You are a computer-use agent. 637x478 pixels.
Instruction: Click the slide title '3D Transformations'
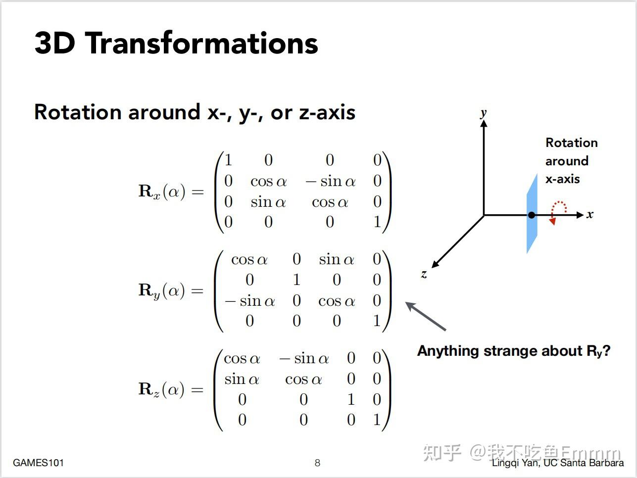(x=176, y=43)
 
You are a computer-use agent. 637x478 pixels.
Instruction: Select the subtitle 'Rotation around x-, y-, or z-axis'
(x=195, y=112)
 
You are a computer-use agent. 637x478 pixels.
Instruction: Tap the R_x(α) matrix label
(x=162, y=191)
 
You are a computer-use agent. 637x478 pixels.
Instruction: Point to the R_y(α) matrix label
(x=162, y=290)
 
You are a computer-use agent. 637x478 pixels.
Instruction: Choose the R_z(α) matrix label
(x=161, y=389)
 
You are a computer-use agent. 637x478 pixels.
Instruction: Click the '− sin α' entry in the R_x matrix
(x=331, y=182)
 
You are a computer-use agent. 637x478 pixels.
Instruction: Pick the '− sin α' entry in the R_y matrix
(x=250, y=301)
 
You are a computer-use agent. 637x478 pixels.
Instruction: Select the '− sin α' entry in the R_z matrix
(x=304, y=359)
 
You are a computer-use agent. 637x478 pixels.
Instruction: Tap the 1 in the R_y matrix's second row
(x=296, y=280)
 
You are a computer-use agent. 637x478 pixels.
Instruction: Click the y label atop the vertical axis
(x=483, y=113)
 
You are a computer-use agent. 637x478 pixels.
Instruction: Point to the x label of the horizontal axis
(x=589, y=215)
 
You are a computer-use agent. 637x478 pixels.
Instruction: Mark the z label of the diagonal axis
(x=424, y=274)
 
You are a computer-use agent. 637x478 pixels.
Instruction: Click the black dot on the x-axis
(x=532, y=215)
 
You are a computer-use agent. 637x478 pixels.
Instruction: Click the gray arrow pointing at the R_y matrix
(x=426, y=316)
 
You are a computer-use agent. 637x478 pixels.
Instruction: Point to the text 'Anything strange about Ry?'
(x=514, y=351)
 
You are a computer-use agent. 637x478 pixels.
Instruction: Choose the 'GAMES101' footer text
(x=38, y=463)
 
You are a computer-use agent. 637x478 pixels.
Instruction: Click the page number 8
(x=317, y=463)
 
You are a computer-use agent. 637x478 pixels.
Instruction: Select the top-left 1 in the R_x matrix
(x=228, y=160)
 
